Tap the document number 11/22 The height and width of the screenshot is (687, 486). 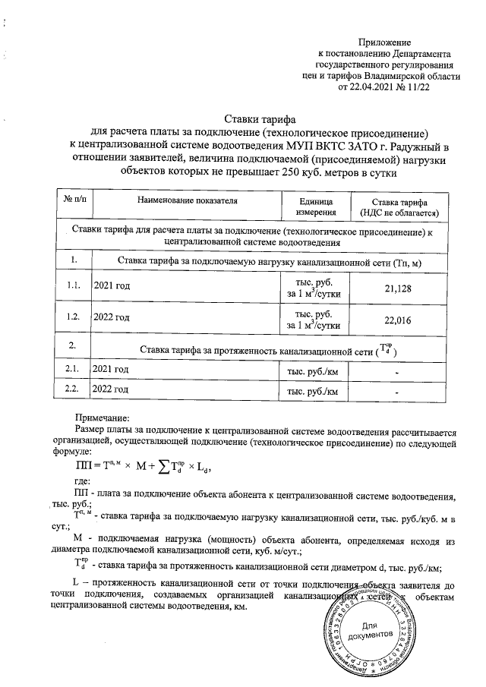point(417,88)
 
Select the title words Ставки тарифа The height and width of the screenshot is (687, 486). point(260,117)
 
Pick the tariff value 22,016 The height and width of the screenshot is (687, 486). point(398,321)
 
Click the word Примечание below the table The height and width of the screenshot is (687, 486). point(103,417)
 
